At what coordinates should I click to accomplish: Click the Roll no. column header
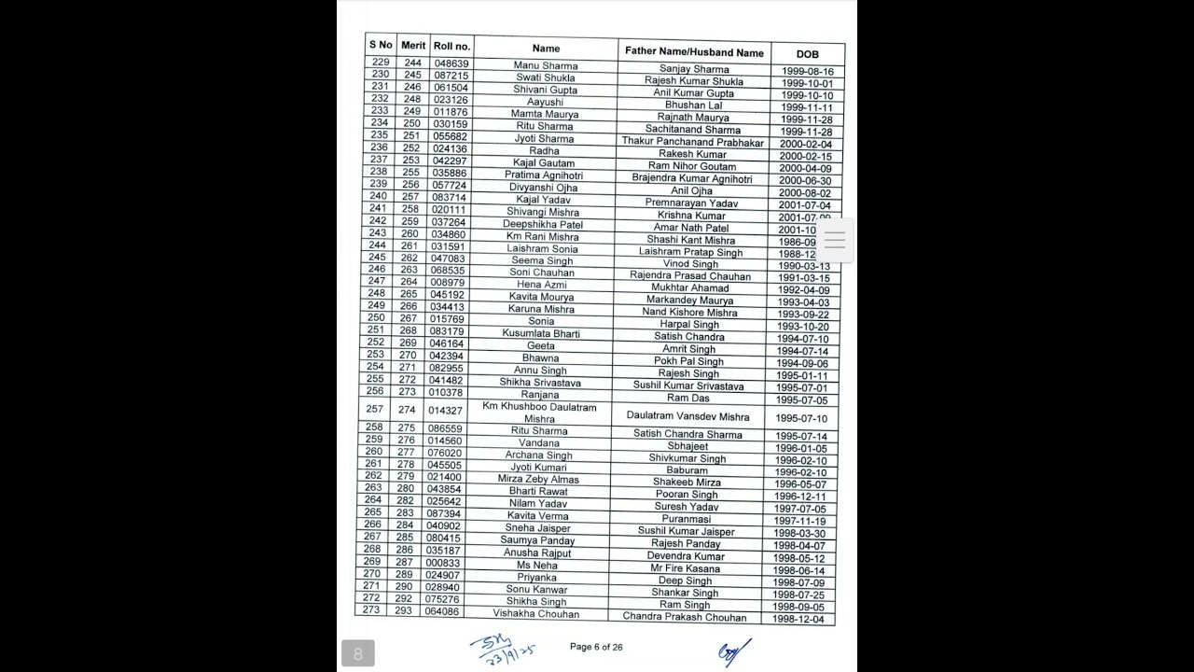click(451, 46)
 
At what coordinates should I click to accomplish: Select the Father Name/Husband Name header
click(694, 52)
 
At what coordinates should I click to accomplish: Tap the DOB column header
click(807, 54)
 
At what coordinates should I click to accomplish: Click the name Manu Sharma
click(546, 65)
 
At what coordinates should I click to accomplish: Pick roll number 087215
click(451, 76)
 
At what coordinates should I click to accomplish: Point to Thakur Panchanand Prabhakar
click(693, 142)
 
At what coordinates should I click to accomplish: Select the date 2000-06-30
click(805, 181)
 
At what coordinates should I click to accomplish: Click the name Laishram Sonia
click(542, 249)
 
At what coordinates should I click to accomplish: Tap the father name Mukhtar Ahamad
click(691, 288)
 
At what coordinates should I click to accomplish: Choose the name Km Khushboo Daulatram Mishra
click(540, 413)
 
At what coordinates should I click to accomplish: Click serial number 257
click(375, 409)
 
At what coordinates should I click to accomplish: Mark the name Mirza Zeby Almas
click(538, 479)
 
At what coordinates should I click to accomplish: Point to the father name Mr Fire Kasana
click(686, 568)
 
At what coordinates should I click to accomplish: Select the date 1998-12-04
click(798, 620)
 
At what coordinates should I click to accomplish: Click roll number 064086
click(442, 611)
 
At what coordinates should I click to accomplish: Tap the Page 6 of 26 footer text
click(596, 647)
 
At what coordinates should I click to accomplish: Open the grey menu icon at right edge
click(835, 240)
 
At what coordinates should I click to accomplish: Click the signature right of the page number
click(732, 651)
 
